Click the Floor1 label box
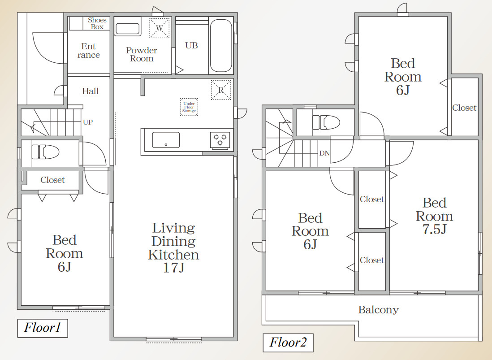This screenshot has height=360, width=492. pyautogui.click(x=43, y=328)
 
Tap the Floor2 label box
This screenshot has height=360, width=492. pyautogui.click(x=288, y=343)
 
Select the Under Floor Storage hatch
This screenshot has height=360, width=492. pyautogui.click(x=189, y=107)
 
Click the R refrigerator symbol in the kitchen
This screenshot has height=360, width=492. pyautogui.click(x=221, y=90)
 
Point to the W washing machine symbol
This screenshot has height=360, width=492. pyautogui.click(x=160, y=28)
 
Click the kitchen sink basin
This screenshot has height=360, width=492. pyautogui.click(x=166, y=140)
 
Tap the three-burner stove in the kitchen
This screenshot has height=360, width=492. pyautogui.click(x=220, y=140)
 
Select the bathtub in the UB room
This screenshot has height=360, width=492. pyautogui.click(x=221, y=46)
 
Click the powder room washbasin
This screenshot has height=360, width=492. pyautogui.click(x=128, y=29)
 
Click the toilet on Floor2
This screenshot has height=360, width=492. pyautogui.click(x=326, y=122)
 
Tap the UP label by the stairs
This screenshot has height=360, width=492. pyautogui.click(x=88, y=122)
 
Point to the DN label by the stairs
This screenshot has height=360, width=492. pyautogui.click(x=324, y=153)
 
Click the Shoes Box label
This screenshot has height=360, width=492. pyautogui.click(x=97, y=24)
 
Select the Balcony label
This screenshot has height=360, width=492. pyautogui.click(x=379, y=310)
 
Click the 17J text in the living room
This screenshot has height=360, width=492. pyautogui.click(x=174, y=268)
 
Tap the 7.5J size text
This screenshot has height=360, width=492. pyautogui.click(x=435, y=229)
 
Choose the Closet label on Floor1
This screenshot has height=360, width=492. pyautogui.click(x=53, y=180)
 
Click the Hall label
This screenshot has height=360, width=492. pyautogui.click(x=91, y=91)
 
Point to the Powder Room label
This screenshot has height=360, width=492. pyautogui.click(x=142, y=54)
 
